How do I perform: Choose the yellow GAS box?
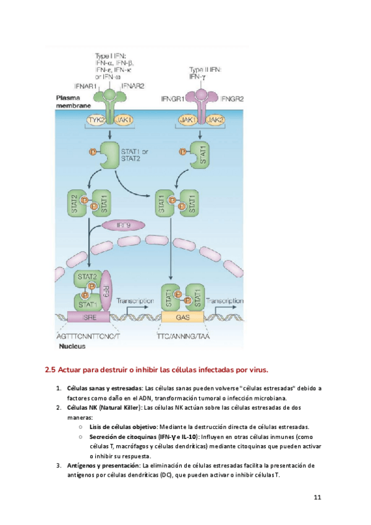pyautogui.click(x=183, y=317)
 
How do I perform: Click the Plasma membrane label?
pyautogui.click(x=70, y=102)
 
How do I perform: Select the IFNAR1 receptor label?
pyautogui.click(x=85, y=85)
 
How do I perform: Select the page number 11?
pyautogui.click(x=318, y=497)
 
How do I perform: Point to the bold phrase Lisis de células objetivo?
pyautogui.click(x=123, y=427)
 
